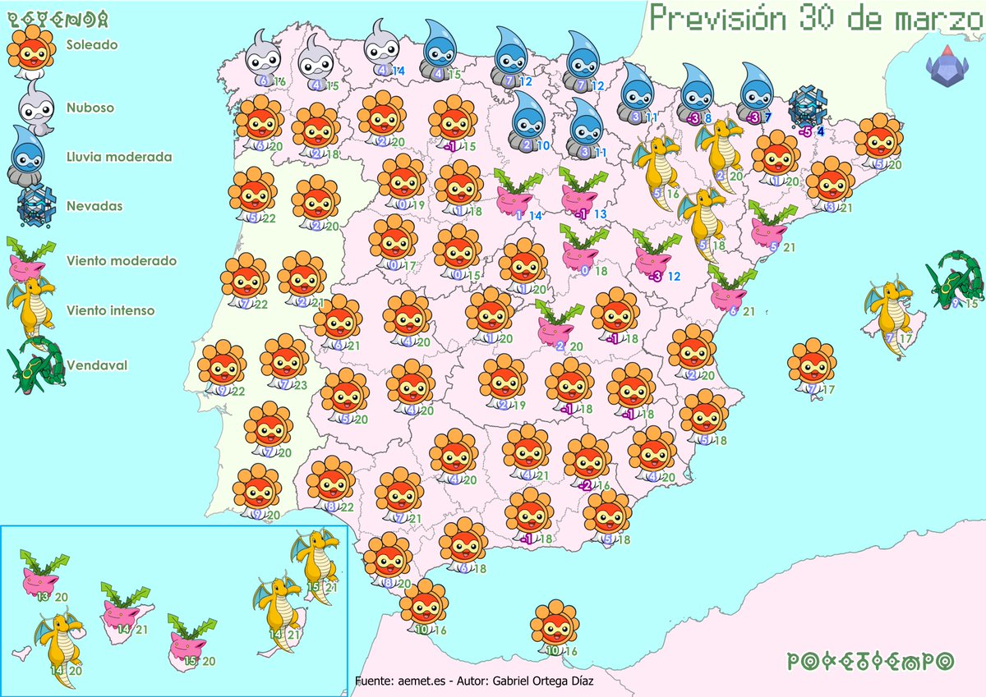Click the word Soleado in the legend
pos(91,45)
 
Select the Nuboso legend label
pos(90,108)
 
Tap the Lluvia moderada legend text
pos(108,157)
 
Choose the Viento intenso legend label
pos(99,311)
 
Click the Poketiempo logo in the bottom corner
pos(870,661)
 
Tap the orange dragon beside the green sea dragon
pos(888,311)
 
